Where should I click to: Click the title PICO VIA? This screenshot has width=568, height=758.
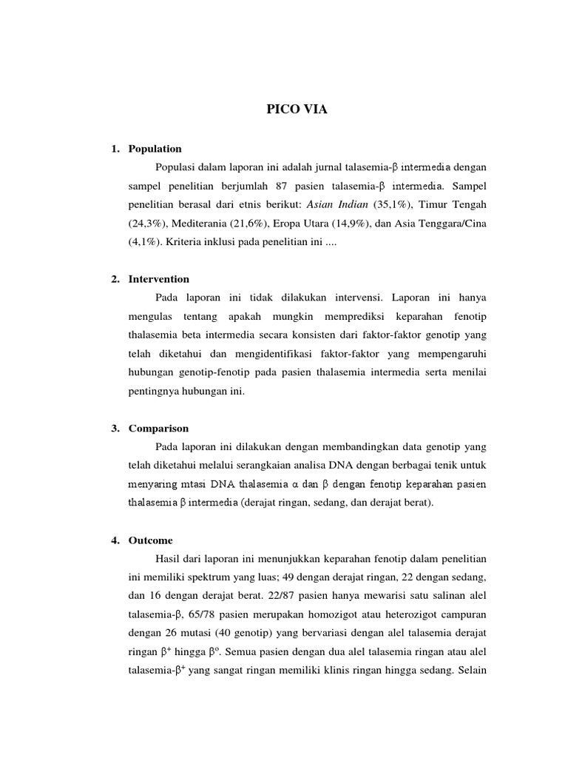coord(296,110)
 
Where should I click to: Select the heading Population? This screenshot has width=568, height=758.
coord(155,149)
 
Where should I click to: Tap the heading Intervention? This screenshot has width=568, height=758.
coord(159,279)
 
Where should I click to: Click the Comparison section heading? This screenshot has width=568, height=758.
coord(158,429)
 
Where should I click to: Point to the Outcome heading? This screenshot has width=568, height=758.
coord(151,540)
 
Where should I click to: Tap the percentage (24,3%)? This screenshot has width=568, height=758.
coord(149,223)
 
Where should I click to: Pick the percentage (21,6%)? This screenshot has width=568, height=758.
coord(260,223)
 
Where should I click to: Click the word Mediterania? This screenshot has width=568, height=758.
coord(211,223)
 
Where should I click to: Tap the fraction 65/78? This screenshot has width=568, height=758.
coord(191,614)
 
